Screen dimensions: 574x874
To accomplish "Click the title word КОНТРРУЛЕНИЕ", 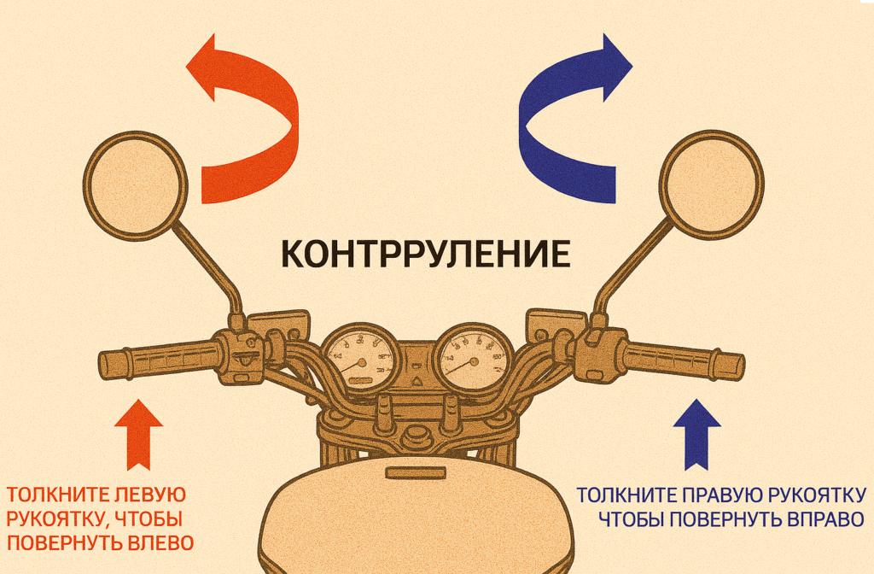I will click(425, 255).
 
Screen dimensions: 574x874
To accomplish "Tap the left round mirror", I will click(135, 184).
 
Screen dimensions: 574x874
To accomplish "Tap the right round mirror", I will click(710, 183).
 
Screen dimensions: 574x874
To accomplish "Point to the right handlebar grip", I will click(683, 362).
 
